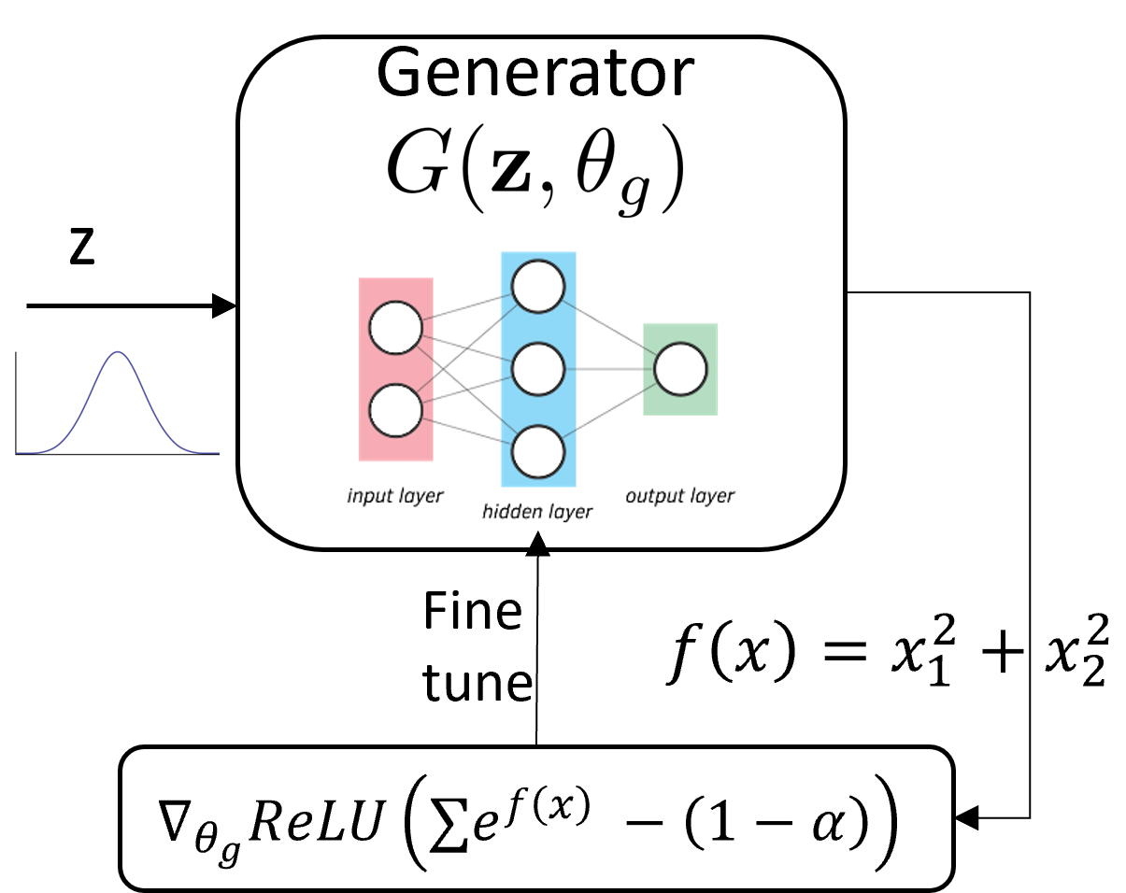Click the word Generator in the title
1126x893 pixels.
pos(536,73)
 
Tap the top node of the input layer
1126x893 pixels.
pos(396,328)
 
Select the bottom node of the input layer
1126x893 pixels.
pos(396,411)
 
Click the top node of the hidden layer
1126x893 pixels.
pos(537,287)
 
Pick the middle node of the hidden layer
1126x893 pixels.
pos(537,369)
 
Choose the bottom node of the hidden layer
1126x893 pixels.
pos(537,451)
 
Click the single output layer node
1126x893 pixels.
pos(680,369)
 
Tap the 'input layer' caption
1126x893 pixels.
pos(394,495)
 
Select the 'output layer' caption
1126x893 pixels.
pos(679,495)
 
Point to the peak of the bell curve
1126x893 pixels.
pos(118,353)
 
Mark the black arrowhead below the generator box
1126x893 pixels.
pos(536,542)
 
